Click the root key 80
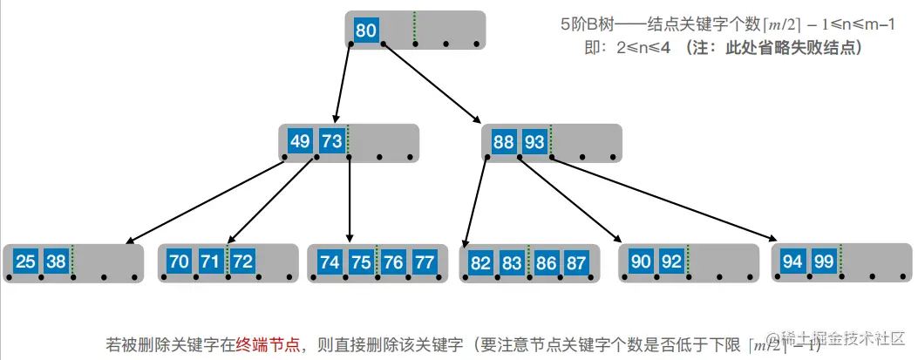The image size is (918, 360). coord(366,31)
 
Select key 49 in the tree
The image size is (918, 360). coord(301,141)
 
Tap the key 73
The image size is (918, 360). coord(331,141)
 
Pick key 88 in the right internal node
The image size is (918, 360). coord(504,141)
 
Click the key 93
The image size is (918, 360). coord(534,141)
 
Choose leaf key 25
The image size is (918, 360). coord(27,261)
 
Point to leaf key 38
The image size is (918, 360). coord(57,261)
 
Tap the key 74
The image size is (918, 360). coord(330,261)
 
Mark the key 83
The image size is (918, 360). coord(512,261)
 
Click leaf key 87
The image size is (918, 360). coord(575,261)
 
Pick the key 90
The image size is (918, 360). coord(641,261)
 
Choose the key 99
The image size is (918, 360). coord(822,261)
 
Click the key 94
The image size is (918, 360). coord(792,261)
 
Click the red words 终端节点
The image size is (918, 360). coord(271,343)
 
